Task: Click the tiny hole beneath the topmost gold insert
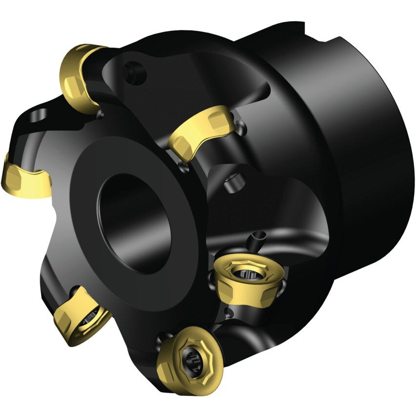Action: coord(101,114)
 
